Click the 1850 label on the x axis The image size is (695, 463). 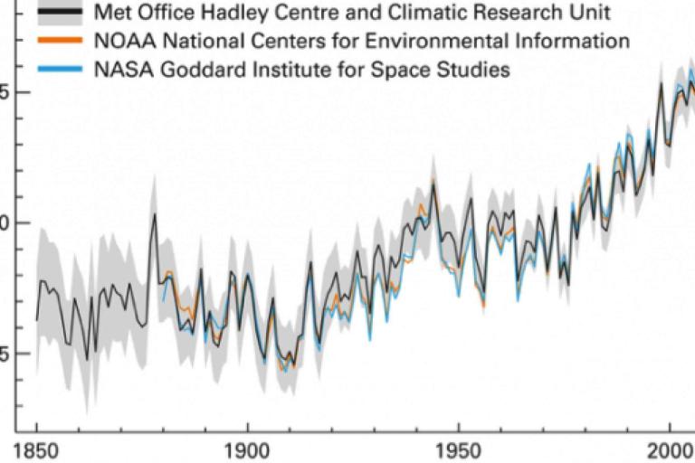pos(37,450)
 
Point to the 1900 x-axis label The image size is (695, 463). pos(247,450)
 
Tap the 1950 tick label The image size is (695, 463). pos(458,450)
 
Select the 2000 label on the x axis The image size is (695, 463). pos(669,450)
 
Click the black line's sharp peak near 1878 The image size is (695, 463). pos(155,213)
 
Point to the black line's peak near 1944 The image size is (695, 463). pos(433,185)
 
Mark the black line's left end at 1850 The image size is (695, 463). pos(37,319)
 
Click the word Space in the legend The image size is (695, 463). pos(417,69)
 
